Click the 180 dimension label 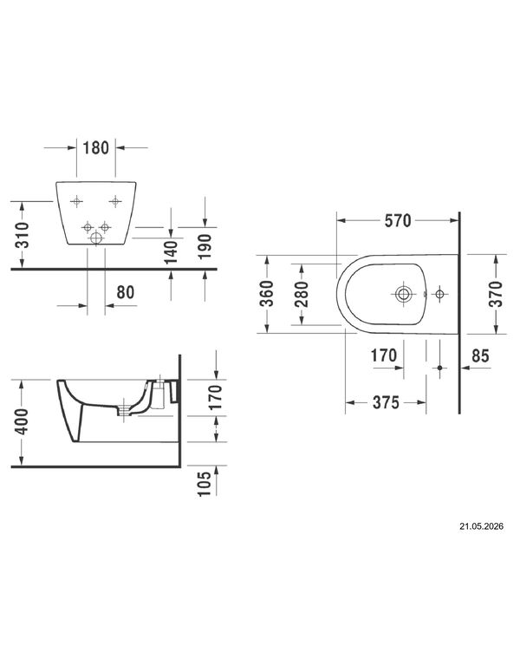[x=95, y=148]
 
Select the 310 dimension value [x=23, y=235]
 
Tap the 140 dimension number [x=171, y=252]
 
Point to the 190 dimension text [x=205, y=246]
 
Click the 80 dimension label [x=125, y=292]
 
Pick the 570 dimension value [x=398, y=221]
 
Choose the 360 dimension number [x=267, y=294]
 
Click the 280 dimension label [x=302, y=294]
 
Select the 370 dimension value [x=496, y=294]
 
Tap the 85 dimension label [x=480, y=356]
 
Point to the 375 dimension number [x=386, y=402]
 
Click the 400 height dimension [x=22, y=421]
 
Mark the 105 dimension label [x=205, y=484]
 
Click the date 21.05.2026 [x=481, y=526]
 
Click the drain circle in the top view [x=403, y=294]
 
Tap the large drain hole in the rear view [x=96, y=238]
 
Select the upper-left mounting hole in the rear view [x=76, y=202]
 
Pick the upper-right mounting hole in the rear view [x=115, y=202]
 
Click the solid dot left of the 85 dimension [x=439, y=368]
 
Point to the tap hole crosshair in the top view [x=439, y=294]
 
